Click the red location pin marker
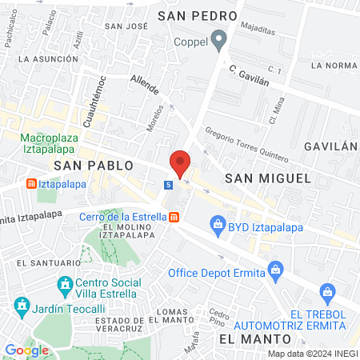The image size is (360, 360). click(180, 164)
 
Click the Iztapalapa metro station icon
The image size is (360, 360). click(31, 183)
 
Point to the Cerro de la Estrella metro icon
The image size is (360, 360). click(174, 216)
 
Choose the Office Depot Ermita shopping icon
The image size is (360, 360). click(276, 268)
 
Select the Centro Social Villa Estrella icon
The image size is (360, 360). click(64, 284)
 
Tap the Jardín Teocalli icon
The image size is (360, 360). click(20, 306)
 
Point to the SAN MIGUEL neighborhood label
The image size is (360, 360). click(266, 178)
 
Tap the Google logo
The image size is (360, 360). click(26, 350)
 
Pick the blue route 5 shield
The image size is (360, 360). click(168, 185)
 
